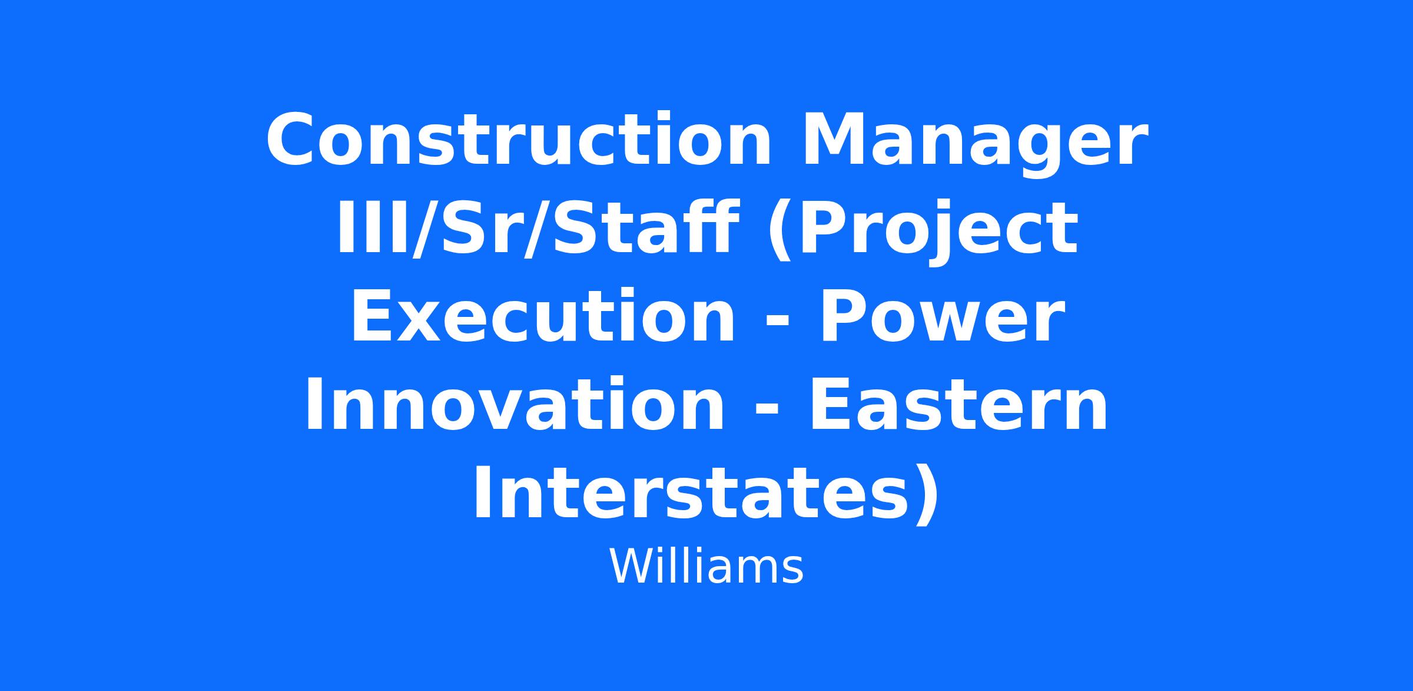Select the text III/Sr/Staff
pyautogui.click(x=537, y=228)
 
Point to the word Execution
pyautogui.click(x=542, y=317)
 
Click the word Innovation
pyautogui.click(x=513, y=405)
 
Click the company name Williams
pyautogui.click(x=706, y=567)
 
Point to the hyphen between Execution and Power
pyautogui.click(x=777, y=322)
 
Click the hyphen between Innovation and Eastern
pyautogui.click(x=767, y=411)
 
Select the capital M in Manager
pyautogui.click(x=831, y=140)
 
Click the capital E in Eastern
pyautogui.click(x=831, y=405)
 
